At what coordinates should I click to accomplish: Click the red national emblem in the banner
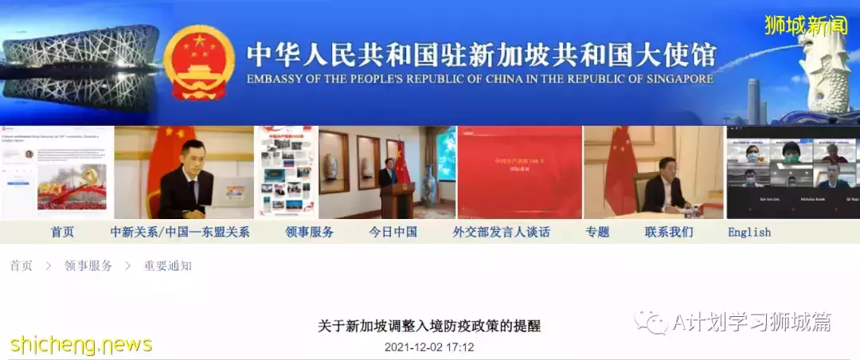pos(199,62)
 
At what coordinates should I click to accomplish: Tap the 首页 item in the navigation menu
pos(62,232)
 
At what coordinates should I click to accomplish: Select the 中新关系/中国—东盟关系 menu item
pos(180,232)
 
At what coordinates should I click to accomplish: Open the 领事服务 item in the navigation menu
pos(309,232)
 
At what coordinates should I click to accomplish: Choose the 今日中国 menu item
pos(393,232)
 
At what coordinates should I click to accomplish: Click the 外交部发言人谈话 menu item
pos(501,232)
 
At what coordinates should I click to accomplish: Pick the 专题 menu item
pos(597,232)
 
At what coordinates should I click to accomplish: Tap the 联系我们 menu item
pos(669,232)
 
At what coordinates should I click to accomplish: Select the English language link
pos(749,233)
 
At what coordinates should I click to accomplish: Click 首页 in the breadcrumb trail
pos(21,266)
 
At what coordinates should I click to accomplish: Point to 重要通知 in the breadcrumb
pos(167,266)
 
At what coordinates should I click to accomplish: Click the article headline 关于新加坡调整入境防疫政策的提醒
pos(429,327)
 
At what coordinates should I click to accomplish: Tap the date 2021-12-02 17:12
pos(429,347)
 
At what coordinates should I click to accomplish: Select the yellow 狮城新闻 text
pos(805,25)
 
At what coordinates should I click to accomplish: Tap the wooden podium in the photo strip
pos(397,199)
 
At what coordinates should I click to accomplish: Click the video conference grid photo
pos(792,171)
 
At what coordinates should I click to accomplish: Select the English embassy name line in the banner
pos(479,80)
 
